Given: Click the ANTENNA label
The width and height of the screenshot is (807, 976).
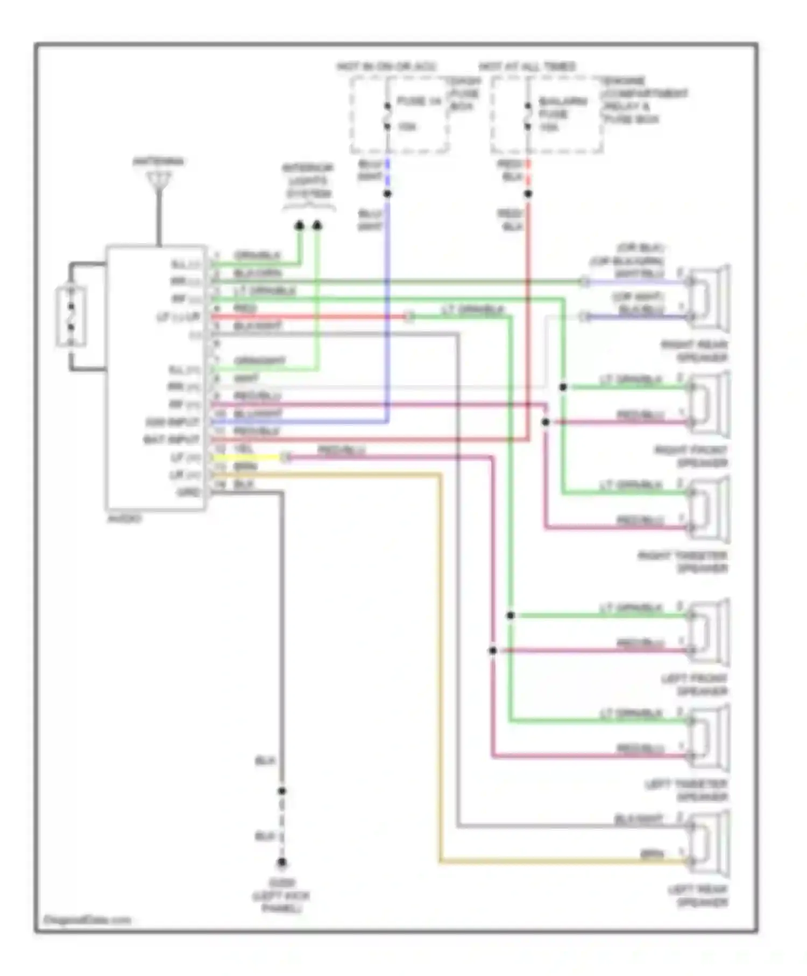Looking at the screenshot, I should tap(158, 161).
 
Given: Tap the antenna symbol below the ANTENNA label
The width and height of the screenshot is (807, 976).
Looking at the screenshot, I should tap(159, 180).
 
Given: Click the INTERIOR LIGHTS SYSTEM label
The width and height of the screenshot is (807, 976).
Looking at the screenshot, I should tap(308, 181).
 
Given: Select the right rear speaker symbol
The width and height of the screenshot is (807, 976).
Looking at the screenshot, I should tap(709, 299).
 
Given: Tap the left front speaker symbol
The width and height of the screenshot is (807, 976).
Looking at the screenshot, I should tap(709, 633).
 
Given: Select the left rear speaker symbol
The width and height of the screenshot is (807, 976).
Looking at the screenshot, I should tap(709, 844).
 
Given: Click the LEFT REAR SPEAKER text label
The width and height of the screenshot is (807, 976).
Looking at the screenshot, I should tap(698, 896).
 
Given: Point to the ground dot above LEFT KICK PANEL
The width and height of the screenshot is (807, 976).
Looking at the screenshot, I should tap(282, 862).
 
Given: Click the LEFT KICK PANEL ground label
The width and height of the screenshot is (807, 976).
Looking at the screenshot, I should tap(281, 896).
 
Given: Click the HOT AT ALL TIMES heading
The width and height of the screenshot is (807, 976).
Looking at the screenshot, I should tap(527, 67).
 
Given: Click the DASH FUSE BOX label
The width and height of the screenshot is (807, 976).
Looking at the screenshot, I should tap(464, 94).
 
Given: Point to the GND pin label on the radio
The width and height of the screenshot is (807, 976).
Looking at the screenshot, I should tap(188, 492).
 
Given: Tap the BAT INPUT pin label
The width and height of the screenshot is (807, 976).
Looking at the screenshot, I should tap(171, 440).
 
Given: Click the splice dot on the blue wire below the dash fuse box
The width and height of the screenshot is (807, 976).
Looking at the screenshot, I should tap(387, 194).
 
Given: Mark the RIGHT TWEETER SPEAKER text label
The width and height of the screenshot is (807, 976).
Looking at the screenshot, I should tap(683, 562).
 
